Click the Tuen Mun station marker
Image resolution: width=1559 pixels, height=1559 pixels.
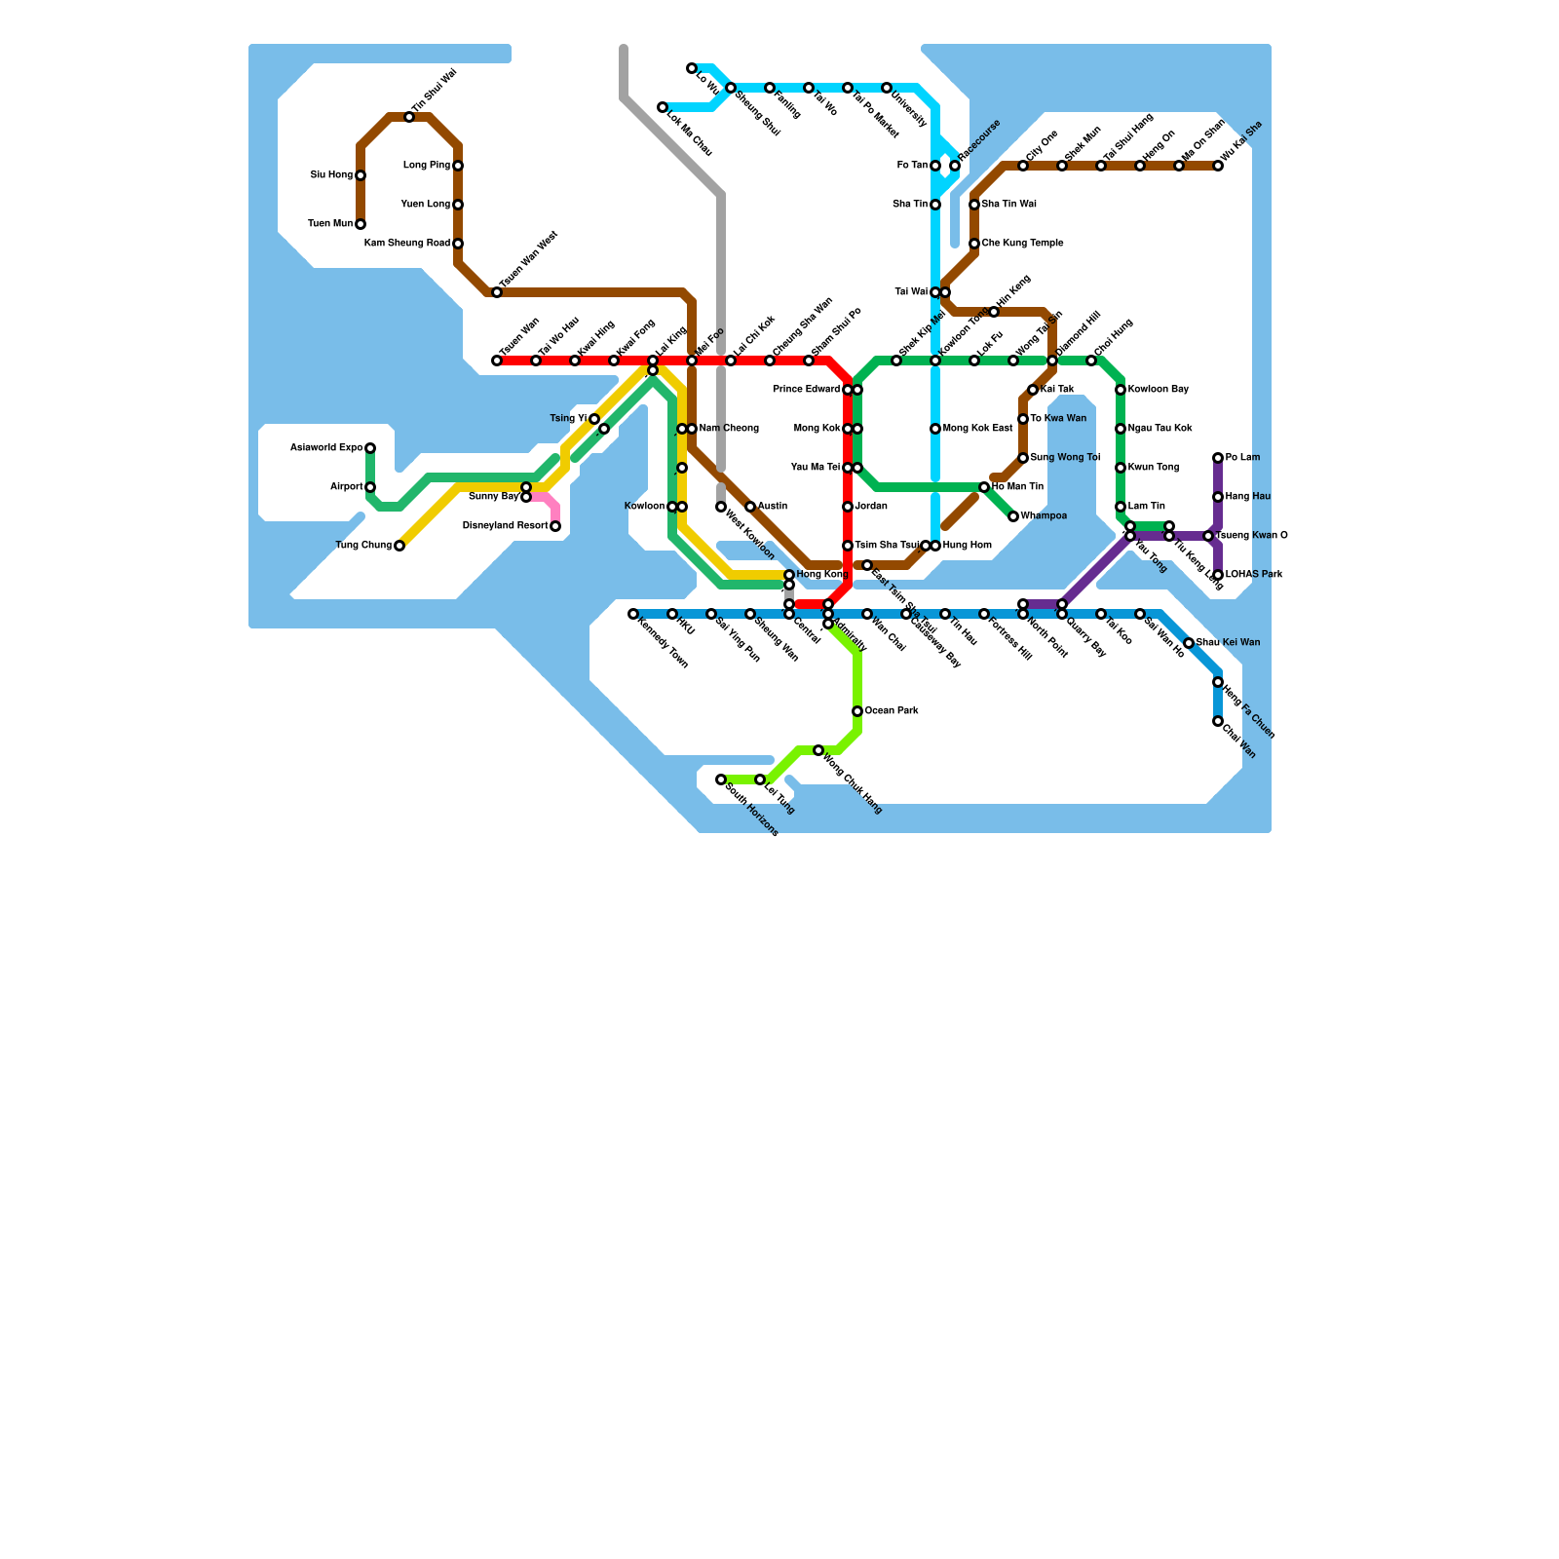point(361,224)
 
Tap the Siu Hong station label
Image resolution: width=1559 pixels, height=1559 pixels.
point(331,175)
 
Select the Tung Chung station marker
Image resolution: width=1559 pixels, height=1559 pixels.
point(399,546)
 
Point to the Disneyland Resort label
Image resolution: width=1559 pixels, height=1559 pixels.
point(505,526)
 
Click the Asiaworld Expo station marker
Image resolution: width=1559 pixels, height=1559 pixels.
point(370,448)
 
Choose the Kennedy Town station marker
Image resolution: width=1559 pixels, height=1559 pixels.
point(633,614)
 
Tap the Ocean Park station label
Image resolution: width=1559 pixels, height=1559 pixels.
point(892,711)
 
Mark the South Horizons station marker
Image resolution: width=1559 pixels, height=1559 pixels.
point(721,779)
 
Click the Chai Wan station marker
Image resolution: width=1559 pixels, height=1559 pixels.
point(1218,721)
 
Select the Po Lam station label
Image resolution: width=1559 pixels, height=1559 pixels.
point(1242,458)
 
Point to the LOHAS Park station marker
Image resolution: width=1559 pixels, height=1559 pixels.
point(1218,575)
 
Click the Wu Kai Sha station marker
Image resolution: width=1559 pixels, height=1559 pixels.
point(1218,166)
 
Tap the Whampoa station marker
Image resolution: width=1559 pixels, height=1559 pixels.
point(1013,516)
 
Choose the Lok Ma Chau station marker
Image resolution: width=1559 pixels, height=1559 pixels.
point(663,107)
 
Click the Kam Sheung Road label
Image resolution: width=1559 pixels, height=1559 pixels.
point(407,244)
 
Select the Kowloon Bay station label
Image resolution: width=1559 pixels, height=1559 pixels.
point(1159,390)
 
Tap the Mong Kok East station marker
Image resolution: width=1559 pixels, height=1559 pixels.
point(935,429)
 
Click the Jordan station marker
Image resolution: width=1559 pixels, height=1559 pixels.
point(848,507)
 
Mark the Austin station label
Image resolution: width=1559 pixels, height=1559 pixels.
point(773,507)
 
